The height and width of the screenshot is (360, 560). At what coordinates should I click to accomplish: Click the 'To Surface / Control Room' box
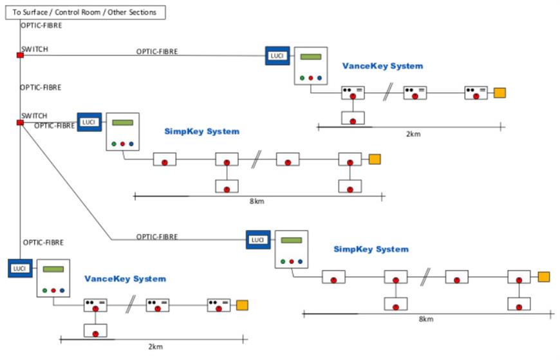pyautogui.click(x=84, y=12)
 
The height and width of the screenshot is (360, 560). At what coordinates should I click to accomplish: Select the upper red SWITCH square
pyautogui.click(x=20, y=55)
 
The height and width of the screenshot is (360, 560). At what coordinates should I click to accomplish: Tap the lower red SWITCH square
pyautogui.click(x=20, y=122)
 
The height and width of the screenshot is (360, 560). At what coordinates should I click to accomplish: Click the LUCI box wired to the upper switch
pyautogui.click(x=277, y=55)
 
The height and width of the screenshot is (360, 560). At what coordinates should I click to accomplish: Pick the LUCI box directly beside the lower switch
pyautogui.click(x=89, y=122)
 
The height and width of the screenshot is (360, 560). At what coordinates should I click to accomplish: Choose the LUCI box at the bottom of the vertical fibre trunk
pyautogui.click(x=20, y=268)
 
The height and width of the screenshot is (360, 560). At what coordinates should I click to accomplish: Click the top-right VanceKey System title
pyautogui.click(x=382, y=66)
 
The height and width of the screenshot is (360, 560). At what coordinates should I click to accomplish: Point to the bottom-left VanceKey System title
pyautogui.click(x=125, y=279)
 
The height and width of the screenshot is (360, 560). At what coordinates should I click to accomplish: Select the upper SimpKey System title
pyautogui.click(x=201, y=131)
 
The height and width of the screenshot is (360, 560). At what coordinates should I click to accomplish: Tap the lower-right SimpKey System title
pyautogui.click(x=371, y=249)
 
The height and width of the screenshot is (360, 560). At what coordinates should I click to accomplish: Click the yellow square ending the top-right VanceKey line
pyautogui.click(x=499, y=93)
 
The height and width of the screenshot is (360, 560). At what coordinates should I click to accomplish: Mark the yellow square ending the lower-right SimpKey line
pyautogui.click(x=544, y=277)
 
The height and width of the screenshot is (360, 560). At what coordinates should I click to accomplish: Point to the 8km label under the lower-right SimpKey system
pyautogui.click(x=426, y=319)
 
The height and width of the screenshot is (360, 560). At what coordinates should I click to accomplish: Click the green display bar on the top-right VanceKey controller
pyautogui.click(x=311, y=57)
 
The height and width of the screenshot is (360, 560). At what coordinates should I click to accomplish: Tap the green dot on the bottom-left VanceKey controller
pyautogui.click(x=45, y=290)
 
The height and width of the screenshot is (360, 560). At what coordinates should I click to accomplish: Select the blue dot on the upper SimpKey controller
pyautogui.click(x=131, y=144)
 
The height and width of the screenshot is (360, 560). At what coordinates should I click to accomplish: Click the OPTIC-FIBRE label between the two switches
pyautogui.click(x=41, y=87)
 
